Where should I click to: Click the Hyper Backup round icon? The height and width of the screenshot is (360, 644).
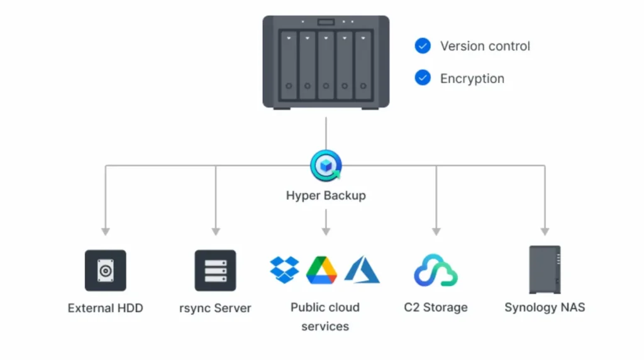point(326,166)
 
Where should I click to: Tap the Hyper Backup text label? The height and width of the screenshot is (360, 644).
point(326,195)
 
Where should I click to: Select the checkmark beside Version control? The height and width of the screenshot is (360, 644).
point(423,46)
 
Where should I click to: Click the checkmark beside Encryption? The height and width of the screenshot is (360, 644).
point(423,79)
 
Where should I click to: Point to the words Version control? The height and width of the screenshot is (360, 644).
point(485,46)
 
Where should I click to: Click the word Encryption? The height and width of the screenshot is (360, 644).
point(472,79)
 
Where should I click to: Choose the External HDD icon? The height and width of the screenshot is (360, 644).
point(105,271)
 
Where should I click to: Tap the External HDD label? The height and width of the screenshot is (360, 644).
point(105,308)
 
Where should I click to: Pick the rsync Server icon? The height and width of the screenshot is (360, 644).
point(215,271)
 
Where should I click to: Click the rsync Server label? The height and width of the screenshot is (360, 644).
point(215,308)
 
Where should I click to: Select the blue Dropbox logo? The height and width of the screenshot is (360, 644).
point(285,269)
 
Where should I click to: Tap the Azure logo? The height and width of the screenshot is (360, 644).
point(362,269)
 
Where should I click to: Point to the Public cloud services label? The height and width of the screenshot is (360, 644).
point(325,317)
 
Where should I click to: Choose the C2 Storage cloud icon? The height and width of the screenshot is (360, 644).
point(436,270)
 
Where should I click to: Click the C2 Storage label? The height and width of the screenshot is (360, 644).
point(436,308)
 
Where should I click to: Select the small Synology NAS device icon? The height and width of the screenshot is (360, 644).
point(545,269)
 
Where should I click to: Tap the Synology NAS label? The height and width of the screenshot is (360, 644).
point(545,308)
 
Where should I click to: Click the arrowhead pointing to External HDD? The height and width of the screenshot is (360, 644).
point(106,231)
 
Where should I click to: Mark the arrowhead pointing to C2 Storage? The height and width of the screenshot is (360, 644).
point(436,231)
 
